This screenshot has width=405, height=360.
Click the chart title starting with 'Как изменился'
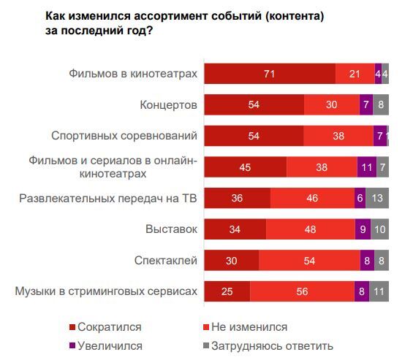(x=174, y=23)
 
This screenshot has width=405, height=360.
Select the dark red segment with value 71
(x=270, y=74)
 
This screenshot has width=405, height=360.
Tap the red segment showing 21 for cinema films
(x=355, y=74)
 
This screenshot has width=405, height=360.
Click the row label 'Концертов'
(x=168, y=105)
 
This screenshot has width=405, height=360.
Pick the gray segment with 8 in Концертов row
(x=381, y=105)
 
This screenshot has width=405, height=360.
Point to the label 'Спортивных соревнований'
(x=124, y=136)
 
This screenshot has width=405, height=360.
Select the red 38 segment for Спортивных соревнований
(x=338, y=136)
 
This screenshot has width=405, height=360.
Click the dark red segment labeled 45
(x=246, y=167)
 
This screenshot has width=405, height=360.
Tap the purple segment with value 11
(x=367, y=167)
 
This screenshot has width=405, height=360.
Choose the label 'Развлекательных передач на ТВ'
(x=107, y=198)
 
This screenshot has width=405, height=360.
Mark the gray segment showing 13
(x=376, y=198)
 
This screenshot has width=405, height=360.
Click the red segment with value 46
(x=312, y=198)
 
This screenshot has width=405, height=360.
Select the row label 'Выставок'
(x=172, y=229)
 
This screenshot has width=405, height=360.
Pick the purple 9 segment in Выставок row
(x=363, y=229)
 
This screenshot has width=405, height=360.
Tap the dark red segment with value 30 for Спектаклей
(x=232, y=260)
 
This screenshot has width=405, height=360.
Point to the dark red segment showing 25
(x=227, y=291)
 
